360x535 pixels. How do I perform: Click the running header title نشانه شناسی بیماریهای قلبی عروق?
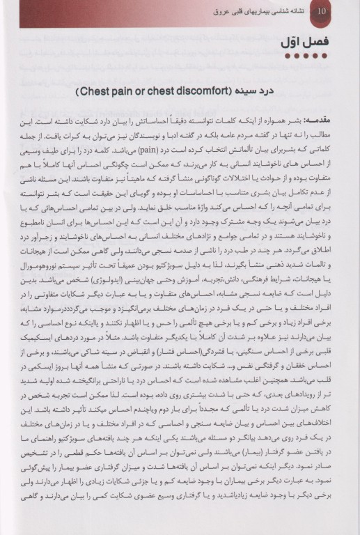pos(264,12)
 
